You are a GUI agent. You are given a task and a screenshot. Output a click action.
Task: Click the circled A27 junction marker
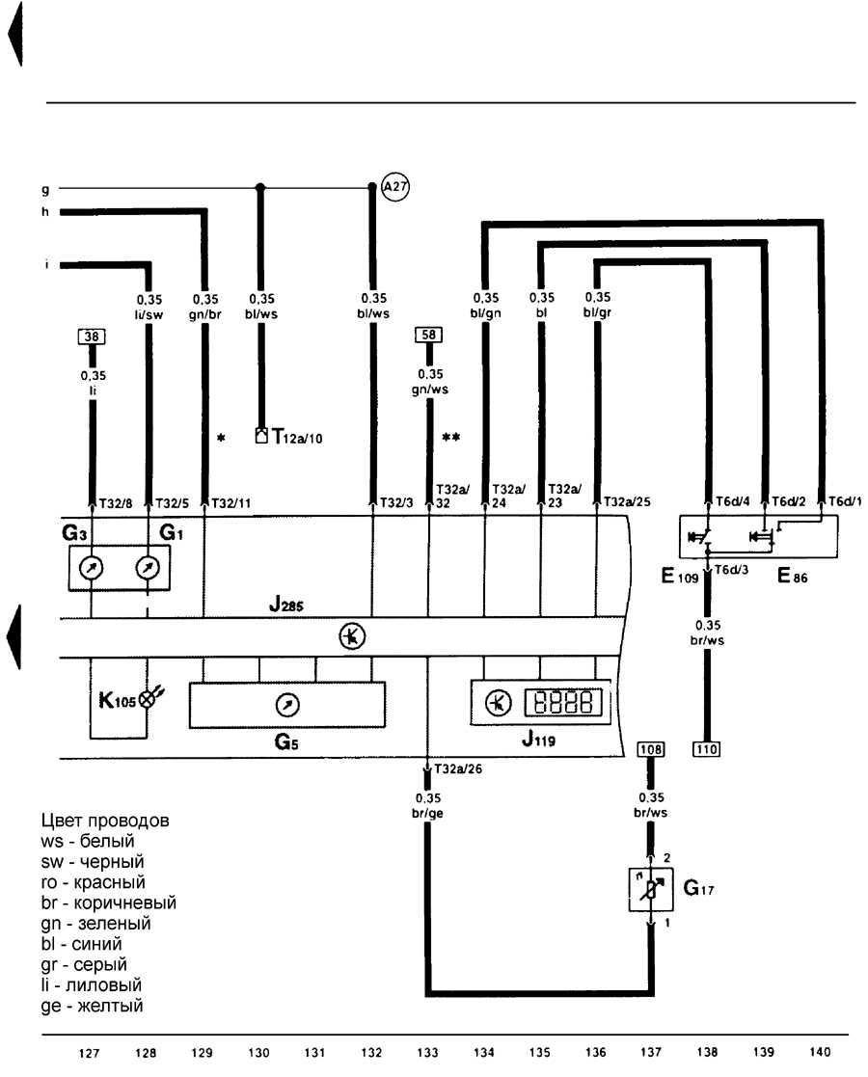394,186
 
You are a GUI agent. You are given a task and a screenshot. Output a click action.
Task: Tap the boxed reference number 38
92,337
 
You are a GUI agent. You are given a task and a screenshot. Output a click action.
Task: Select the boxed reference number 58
429,335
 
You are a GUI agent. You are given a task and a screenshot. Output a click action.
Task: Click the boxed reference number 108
651,749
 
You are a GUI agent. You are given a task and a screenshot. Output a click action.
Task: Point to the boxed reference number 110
707,749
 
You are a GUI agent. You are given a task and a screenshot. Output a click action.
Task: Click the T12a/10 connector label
297,437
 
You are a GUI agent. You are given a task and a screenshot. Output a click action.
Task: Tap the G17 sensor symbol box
651,890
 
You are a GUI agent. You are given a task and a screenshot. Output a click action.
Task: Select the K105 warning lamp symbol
148,699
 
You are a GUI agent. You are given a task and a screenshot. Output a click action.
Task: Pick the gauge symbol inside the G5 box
287,705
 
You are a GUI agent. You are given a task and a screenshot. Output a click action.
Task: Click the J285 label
285,606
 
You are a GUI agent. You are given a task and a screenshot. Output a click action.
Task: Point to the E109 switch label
679,577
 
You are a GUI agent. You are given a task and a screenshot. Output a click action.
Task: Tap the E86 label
792,577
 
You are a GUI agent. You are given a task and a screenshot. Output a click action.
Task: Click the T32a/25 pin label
627,502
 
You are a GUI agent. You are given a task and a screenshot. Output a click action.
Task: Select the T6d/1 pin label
845,501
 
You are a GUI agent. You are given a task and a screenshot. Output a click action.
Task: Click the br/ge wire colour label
427,813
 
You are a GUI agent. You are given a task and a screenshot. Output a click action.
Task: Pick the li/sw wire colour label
149,314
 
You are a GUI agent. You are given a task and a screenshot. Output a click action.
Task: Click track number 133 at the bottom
427,1052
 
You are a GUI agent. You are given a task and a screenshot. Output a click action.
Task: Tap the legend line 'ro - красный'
93,882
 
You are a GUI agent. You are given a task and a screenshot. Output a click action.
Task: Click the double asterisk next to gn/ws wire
450,437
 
